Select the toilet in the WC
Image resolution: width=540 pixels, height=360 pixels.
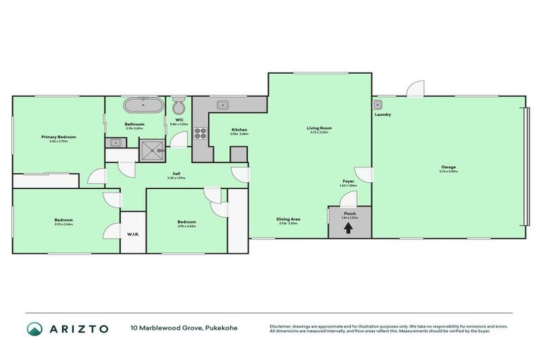click(179, 108)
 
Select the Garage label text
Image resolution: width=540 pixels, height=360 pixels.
click(448, 167)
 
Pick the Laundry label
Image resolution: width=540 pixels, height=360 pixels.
click(383, 114)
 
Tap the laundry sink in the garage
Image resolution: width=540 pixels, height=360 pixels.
click(377, 103)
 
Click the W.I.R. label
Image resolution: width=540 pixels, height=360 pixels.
click(131, 234)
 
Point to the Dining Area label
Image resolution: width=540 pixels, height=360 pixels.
click(288, 219)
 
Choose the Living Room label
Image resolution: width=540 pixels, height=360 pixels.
click(319, 128)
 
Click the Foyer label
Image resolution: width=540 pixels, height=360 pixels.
click(348, 181)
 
